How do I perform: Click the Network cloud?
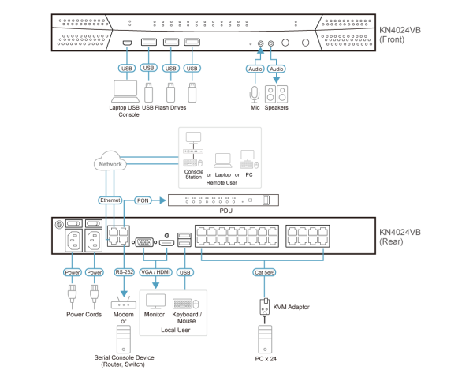pyautogui.click(x=110, y=163)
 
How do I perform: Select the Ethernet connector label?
pyautogui.click(x=110, y=200)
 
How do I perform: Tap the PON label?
pyautogui.click(x=143, y=200)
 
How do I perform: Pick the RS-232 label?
pyautogui.click(x=124, y=272)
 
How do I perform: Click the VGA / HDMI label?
pyautogui.click(x=155, y=272)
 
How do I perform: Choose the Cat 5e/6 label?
pyautogui.click(x=264, y=272)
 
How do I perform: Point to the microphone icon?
pyautogui.click(x=254, y=94)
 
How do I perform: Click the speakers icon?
pyautogui.click(x=276, y=94)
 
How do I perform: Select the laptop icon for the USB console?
pyautogui.click(x=125, y=92)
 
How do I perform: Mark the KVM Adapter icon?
pyautogui.click(x=264, y=306)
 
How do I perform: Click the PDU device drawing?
pyautogui.click(x=223, y=200)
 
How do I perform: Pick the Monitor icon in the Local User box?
pyautogui.click(x=155, y=301)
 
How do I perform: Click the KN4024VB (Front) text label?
pyautogui.click(x=400, y=35)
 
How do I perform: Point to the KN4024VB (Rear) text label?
pyautogui.click(x=400, y=237)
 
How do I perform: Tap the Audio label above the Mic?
pyautogui.click(x=255, y=69)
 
